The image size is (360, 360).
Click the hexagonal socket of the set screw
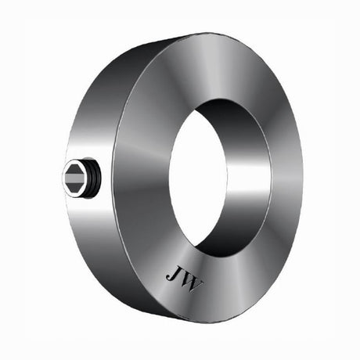point(75,178)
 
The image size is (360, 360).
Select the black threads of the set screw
point(95,179)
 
